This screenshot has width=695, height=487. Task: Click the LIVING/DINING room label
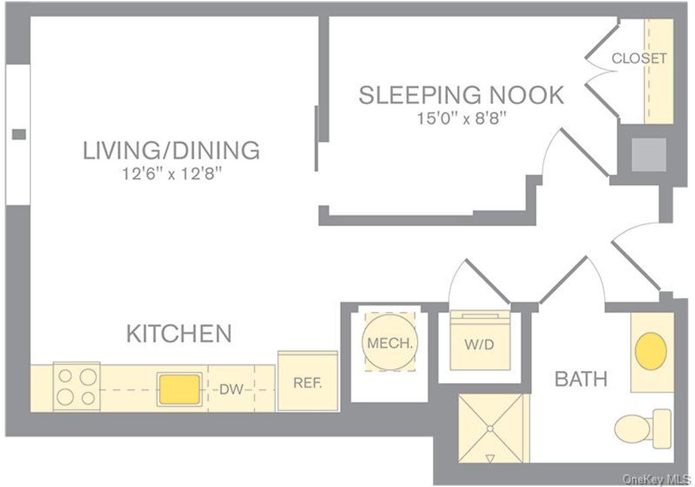pos(171,150)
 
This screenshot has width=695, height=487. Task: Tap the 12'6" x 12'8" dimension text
pos(172,174)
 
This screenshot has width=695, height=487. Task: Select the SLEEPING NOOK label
pos(461,95)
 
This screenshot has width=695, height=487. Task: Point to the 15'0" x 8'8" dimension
pos(461,118)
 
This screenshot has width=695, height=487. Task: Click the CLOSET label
pos(639,58)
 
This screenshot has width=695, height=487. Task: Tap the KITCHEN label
pos(179,333)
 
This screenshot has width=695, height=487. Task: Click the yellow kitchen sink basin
pos(179,389)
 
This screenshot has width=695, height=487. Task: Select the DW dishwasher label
pos(231,389)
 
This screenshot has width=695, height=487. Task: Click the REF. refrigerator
pos(307,382)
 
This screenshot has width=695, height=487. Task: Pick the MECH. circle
pos(390,342)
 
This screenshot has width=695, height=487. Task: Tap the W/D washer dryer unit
pos(480,340)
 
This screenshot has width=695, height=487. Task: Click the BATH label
pos(581,379)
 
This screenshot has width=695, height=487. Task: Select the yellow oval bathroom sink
pos(651,351)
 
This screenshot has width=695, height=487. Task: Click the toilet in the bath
pos(643,429)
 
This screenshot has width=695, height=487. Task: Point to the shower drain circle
pos(490,429)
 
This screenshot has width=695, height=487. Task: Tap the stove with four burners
pos(77,387)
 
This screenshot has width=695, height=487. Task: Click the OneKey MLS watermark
pos(656,479)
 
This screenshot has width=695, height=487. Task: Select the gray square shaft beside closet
pos(648,155)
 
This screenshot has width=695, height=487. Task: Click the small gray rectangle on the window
pos(18,134)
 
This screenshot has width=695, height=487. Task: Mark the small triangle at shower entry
pos(490,459)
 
